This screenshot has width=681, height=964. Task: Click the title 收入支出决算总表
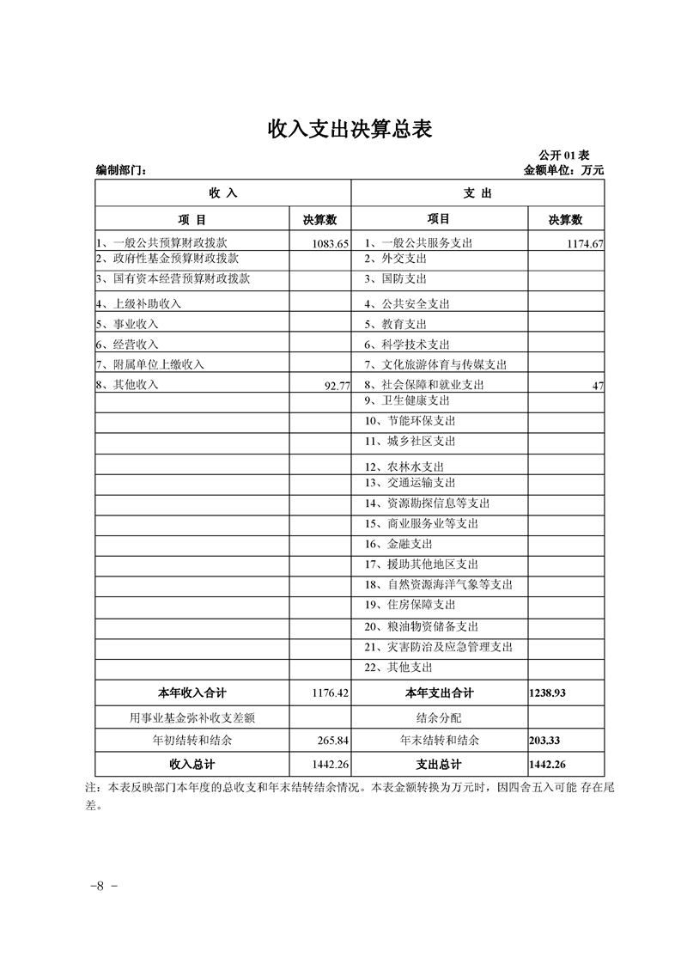350,129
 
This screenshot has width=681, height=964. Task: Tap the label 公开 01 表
563,155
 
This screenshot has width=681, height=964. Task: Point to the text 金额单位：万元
563,170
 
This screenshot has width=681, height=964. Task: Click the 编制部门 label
121,170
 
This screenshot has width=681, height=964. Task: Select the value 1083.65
331,244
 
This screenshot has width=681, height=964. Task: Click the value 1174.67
585,244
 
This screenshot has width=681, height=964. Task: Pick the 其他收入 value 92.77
337,386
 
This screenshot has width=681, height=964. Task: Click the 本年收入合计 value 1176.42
331,692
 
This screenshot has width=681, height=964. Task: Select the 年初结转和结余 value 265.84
333,740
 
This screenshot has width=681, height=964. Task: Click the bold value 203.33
545,740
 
